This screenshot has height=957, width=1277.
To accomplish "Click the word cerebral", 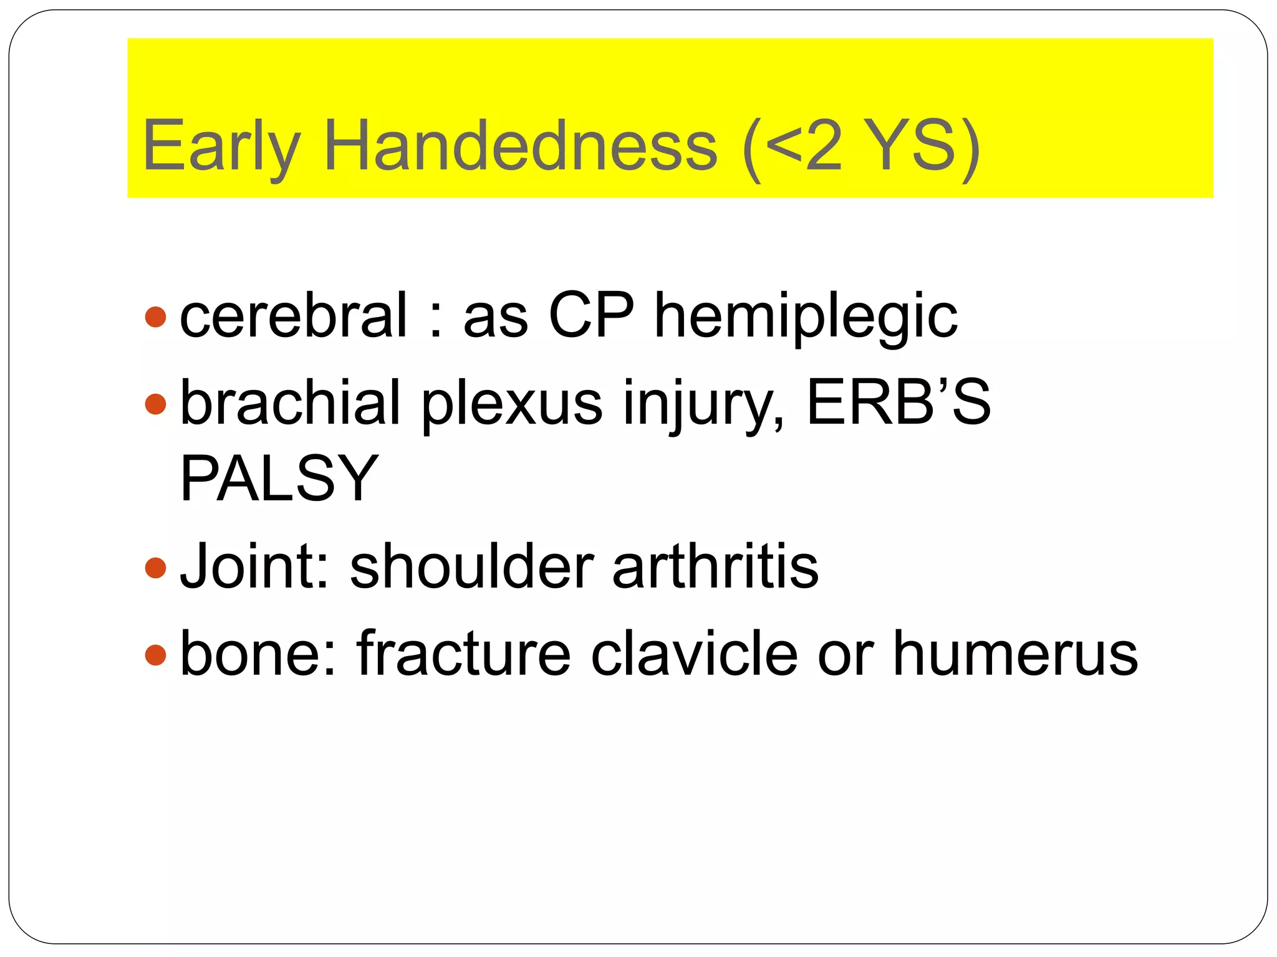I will (294, 316).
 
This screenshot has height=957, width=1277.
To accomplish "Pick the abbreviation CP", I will (591, 316).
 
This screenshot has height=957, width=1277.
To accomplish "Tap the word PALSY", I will (279, 478).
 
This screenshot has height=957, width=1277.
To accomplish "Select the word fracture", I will (463, 654).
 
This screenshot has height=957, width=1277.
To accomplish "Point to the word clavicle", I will (694, 654).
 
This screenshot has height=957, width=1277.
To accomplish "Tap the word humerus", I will (1015, 654).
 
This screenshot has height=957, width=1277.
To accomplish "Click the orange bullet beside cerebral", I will (155, 317).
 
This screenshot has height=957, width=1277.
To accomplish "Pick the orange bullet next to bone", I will (155, 655).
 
